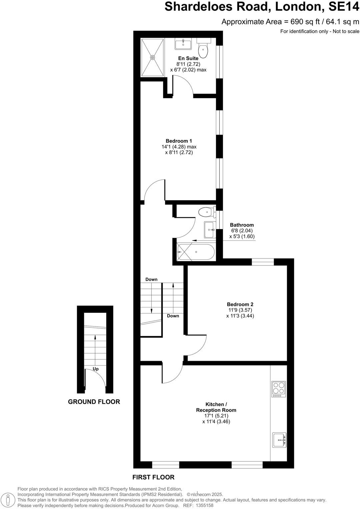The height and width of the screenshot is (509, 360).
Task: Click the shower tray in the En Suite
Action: coord(153,57)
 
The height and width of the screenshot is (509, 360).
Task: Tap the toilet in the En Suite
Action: coord(203,49)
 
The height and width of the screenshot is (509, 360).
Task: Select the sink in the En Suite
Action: coord(183,44)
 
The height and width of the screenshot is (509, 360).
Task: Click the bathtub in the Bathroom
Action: coord(196,252)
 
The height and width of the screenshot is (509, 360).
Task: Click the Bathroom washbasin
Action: coord(210,230)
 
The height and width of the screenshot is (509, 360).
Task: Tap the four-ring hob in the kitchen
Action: coord(279,389)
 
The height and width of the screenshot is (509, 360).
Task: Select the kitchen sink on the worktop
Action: coord(279,440)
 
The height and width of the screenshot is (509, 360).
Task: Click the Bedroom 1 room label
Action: coord(179,141)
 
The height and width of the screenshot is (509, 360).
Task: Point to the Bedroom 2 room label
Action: coord(240,304)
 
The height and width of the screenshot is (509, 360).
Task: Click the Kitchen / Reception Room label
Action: coord(216,407)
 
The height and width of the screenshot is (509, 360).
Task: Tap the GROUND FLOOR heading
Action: coord(94,402)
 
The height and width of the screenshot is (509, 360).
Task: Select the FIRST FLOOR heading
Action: coord(153,477)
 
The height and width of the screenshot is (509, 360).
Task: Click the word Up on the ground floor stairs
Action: coord(96,369)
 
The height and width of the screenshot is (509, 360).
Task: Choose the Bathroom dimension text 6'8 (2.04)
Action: coord(242,231)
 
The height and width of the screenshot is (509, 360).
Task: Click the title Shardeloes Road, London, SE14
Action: coord(262,7)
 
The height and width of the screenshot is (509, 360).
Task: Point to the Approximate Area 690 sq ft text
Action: coord(290,22)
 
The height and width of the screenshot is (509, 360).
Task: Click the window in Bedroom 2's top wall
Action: coord(263,262)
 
